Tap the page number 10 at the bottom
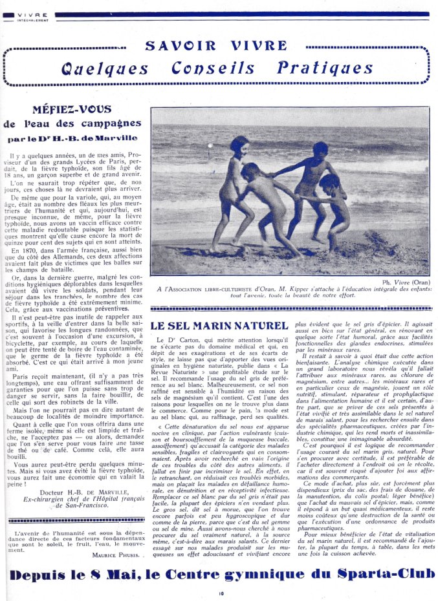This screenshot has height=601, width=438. pos(220,593)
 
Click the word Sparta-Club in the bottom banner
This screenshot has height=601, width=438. pos(373,575)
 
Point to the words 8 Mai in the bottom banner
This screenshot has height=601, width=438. pos(113,575)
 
